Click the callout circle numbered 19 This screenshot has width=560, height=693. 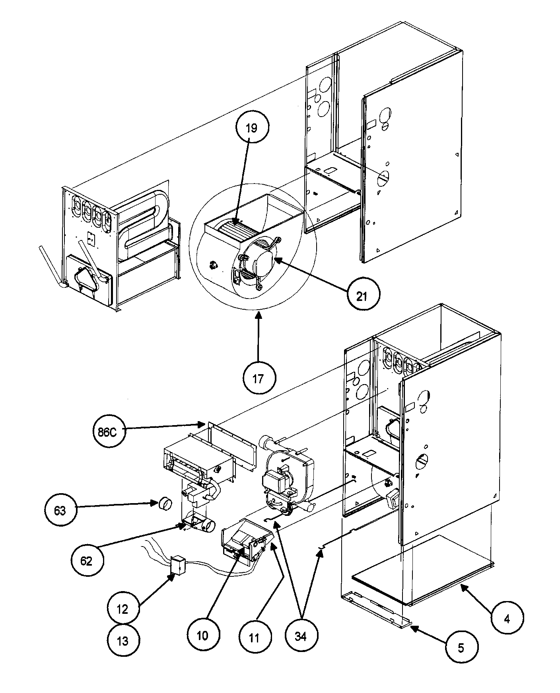(251, 128)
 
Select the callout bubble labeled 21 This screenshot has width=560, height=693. (362, 296)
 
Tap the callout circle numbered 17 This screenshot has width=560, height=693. (259, 378)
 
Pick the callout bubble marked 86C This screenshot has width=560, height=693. (107, 432)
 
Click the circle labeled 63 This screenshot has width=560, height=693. (60, 510)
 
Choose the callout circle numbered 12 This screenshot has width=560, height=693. (123, 609)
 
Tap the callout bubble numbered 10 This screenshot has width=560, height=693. (202, 636)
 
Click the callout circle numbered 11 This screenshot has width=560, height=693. (255, 638)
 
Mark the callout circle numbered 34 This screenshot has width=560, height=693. (301, 636)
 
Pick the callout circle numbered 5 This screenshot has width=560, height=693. (461, 648)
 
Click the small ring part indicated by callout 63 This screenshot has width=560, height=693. (164, 504)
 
